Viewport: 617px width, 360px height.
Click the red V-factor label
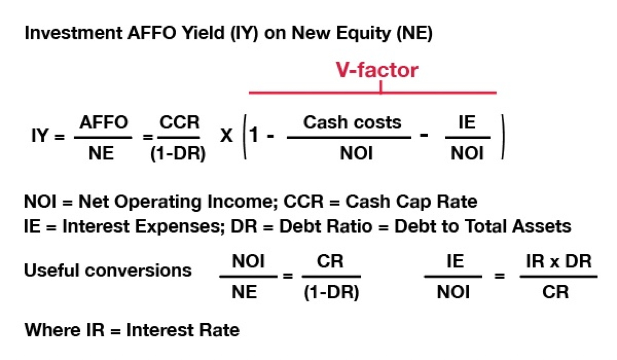pos(378,71)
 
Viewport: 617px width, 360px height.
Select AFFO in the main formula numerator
pos(104,122)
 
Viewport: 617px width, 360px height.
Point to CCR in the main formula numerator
pos(179,122)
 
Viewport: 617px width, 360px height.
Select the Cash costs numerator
pos(352,122)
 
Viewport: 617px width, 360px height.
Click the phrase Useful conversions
pos(108,270)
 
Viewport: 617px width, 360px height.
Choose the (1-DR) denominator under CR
pos(331,292)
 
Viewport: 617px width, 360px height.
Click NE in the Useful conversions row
pos(245,292)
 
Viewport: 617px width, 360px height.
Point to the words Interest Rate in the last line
pos(183,329)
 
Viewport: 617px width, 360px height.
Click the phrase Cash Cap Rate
pos(412,202)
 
